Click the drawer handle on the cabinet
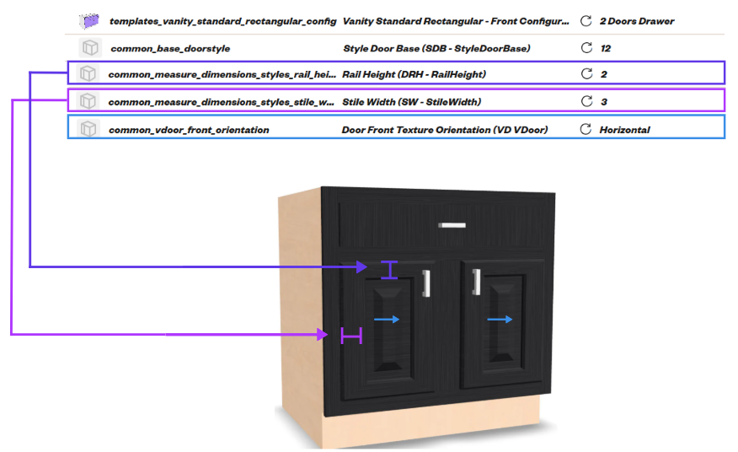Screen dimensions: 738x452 tap(452, 225)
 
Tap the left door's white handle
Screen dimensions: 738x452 tap(426, 283)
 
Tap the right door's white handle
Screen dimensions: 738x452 tap(476, 282)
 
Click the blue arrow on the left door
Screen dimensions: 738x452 tap(387, 320)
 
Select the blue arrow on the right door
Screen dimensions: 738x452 tap(500, 320)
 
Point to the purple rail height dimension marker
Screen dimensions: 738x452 tap(389, 270)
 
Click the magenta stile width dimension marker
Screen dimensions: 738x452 tap(351, 336)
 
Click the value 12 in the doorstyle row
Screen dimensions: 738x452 tap(605, 49)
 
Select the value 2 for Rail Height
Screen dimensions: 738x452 tap(604, 74)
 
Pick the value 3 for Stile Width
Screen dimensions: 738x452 tap(604, 102)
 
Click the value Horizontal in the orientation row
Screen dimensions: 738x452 tap(624, 130)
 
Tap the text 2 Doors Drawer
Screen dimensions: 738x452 tap(637, 21)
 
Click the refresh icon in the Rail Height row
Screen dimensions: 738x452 tap(586, 73)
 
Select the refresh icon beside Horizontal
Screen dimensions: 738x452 tap(586, 129)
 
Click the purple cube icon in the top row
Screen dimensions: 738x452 tap(89, 21)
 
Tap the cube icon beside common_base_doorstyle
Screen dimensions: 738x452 tap(90, 47)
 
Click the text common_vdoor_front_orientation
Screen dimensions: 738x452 tap(189, 130)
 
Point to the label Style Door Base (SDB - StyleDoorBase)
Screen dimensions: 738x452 tap(436, 49)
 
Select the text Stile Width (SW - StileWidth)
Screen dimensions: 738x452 tap(411, 102)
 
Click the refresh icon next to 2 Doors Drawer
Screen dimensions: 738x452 tap(586, 21)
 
